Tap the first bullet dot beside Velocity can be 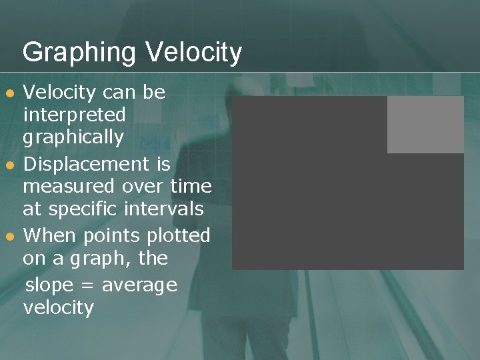coord(8,93)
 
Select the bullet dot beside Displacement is coord(8,165)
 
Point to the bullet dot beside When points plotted coord(8,237)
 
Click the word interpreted coord(74,115)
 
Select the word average coord(139,285)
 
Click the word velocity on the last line coord(59,308)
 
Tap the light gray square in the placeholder coord(425,125)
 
